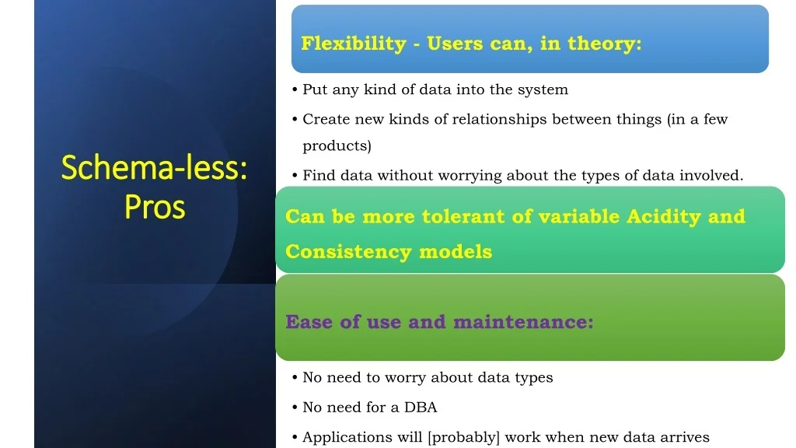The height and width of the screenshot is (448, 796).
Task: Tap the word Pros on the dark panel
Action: click(155, 207)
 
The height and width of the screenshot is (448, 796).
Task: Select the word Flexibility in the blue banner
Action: click(354, 44)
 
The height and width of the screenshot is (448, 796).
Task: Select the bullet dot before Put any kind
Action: click(295, 90)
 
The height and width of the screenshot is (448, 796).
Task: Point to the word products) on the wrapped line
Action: click(337, 145)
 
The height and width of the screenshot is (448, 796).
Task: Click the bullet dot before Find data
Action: click(295, 176)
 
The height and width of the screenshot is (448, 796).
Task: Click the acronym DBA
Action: click(421, 408)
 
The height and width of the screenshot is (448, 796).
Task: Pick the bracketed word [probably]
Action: click(464, 437)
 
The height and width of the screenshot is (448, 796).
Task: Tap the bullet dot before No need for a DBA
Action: click(295, 408)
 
